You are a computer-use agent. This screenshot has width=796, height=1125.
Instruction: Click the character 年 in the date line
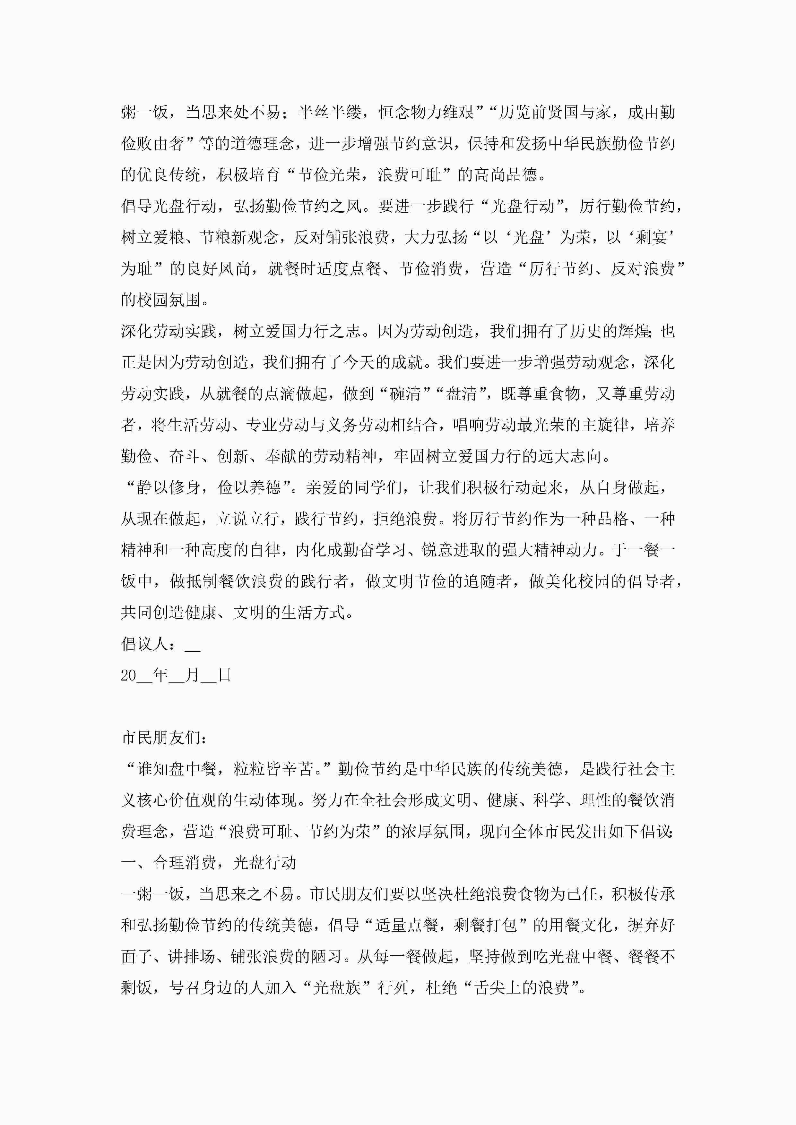tap(160, 675)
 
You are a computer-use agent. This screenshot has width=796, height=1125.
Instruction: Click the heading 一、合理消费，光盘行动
tap(208, 862)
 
